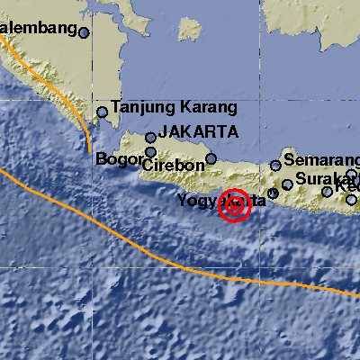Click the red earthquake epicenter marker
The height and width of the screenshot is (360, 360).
click(235, 205)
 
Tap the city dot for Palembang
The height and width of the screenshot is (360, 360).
click(84, 32)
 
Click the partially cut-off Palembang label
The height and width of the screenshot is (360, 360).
click(37, 29)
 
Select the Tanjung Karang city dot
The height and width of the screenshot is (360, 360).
click(103, 112)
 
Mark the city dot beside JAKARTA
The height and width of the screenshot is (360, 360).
click(151, 138)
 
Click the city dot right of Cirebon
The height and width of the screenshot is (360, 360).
click(211, 159)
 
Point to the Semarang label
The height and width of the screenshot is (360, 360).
click(320, 159)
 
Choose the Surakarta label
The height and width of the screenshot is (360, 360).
click(327, 177)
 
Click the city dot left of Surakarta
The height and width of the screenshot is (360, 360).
click(287, 184)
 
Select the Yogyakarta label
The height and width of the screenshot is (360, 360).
click(221, 199)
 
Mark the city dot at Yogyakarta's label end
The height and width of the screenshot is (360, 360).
click(273, 193)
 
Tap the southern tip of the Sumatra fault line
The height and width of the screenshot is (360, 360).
click(90, 151)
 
